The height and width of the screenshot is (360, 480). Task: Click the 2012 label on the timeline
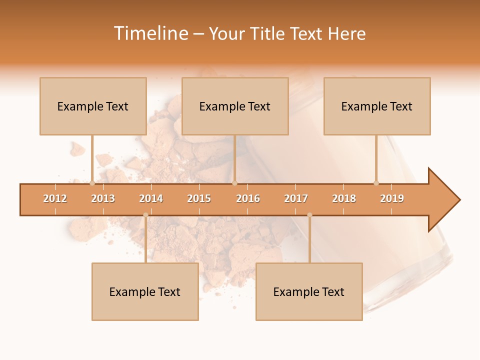pyautogui.click(x=55, y=198)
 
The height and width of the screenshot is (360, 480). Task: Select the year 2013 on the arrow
pyautogui.click(x=103, y=198)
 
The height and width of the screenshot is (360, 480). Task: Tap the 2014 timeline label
pyautogui.click(x=151, y=198)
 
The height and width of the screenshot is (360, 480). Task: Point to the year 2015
pyautogui.click(x=199, y=198)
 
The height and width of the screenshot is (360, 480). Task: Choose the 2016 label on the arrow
pyautogui.click(x=248, y=198)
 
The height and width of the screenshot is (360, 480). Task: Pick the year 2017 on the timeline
pyautogui.click(x=296, y=198)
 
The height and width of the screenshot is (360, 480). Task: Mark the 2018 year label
pyautogui.click(x=344, y=198)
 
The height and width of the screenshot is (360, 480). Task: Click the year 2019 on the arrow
pyautogui.click(x=392, y=198)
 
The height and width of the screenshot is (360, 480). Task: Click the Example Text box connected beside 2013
pyautogui.click(x=93, y=106)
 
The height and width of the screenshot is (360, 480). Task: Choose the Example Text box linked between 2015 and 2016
pyautogui.click(x=235, y=106)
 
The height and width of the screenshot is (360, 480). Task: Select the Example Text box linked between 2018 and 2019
pyautogui.click(x=377, y=106)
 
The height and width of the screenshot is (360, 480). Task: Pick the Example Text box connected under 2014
pyautogui.click(x=145, y=291)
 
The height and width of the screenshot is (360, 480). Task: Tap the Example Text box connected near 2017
pyautogui.click(x=309, y=291)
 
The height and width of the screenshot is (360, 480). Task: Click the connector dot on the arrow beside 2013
pyautogui.click(x=92, y=183)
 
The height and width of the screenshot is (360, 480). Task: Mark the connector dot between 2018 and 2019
pyautogui.click(x=376, y=183)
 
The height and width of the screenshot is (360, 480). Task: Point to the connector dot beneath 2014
pyautogui.click(x=145, y=215)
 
